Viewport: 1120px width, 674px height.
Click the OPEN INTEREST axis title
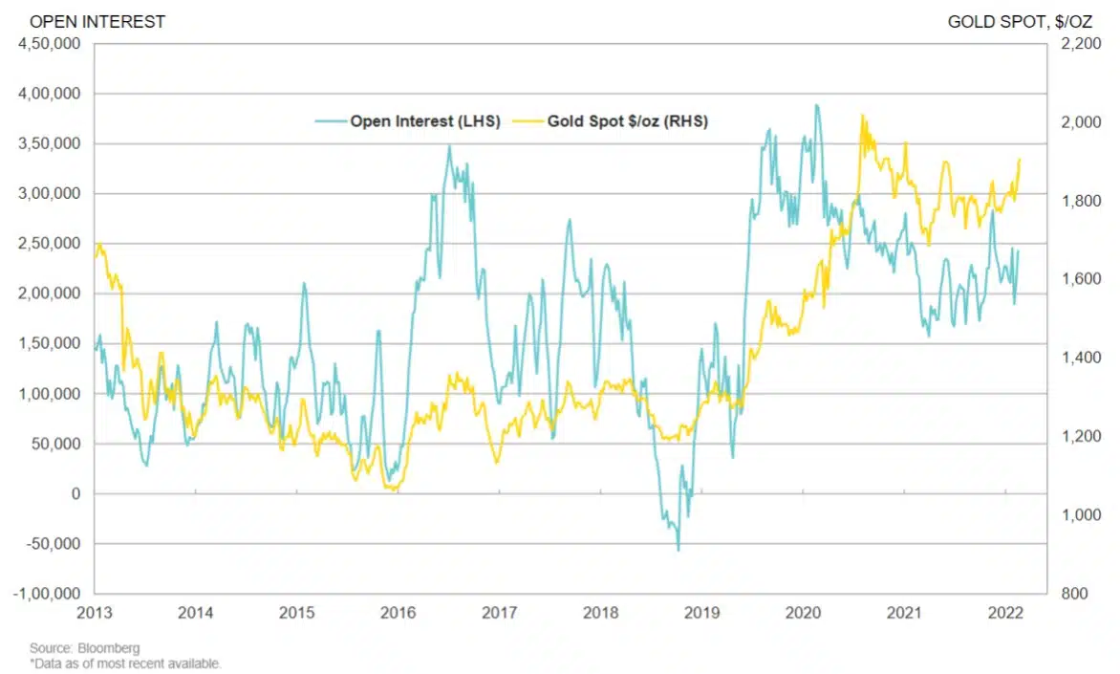(x=84, y=21)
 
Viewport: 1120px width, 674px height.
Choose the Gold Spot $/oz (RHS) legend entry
(x=626, y=121)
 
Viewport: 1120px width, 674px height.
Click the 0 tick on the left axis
(x=77, y=493)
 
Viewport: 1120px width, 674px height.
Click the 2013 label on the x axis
(x=95, y=613)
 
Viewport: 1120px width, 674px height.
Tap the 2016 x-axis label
(x=398, y=613)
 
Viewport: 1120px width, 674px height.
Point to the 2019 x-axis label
(x=701, y=613)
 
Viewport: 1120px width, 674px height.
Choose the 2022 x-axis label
(x=1004, y=613)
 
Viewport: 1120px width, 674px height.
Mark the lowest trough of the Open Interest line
(x=678, y=550)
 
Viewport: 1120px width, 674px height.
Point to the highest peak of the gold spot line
(x=862, y=116)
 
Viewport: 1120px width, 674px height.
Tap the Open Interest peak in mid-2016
(x=449, y=146)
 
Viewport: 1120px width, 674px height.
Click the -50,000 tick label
(x=54, y=544)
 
